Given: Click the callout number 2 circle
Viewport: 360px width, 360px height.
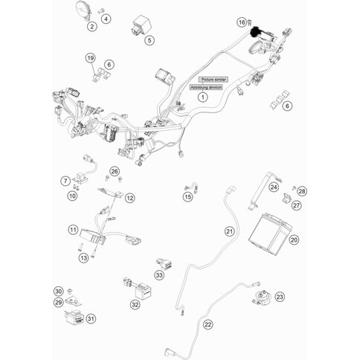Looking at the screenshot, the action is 92,26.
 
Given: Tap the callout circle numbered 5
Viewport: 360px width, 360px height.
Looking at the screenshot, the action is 150,40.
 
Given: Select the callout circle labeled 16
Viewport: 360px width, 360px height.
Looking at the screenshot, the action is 242,22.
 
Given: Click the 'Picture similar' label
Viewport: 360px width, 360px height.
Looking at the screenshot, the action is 213,80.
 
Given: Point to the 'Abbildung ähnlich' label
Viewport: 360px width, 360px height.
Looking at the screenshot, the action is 206,87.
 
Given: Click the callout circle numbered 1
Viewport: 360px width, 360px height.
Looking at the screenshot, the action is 203,97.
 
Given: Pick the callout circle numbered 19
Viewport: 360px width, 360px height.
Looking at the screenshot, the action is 91,58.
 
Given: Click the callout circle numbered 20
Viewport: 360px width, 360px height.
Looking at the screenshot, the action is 294,240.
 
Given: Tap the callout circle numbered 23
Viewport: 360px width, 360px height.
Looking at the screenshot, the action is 280,297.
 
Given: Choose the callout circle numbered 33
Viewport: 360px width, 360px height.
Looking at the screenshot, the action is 159,275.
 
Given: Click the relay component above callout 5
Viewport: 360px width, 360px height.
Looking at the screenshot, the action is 141,27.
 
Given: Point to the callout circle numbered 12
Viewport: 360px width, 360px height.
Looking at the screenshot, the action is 130,198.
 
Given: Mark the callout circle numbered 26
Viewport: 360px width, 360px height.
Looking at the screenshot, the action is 115,171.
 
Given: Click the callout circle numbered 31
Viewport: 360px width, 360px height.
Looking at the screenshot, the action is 91,318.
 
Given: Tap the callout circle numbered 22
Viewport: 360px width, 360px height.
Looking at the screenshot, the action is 208,324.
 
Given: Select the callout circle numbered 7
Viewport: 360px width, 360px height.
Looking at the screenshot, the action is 65,181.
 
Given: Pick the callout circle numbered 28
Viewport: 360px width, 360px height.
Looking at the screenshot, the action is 302,191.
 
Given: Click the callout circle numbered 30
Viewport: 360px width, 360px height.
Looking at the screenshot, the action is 58,292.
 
